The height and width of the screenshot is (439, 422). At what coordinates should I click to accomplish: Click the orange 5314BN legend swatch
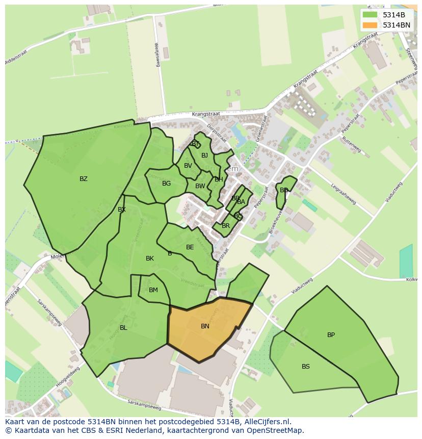click(x=370, y=25)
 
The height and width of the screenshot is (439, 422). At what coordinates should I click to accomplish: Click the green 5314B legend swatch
click(x=370, y=15)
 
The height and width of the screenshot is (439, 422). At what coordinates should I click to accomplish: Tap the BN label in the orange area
click(x=205, y=326)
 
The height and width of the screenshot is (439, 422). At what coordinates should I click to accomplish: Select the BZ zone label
click(x=84, y=179)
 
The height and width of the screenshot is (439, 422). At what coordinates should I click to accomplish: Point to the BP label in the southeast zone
click(x=331, y=335)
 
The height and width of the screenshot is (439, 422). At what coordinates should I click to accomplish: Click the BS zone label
click(x=305, y=367)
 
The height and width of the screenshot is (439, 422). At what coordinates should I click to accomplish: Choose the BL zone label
click(x=123, y=328)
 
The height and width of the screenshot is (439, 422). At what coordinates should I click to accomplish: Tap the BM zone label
click(x=153, y=290)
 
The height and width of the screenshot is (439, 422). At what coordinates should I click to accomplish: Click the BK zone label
click(x=150, y=259)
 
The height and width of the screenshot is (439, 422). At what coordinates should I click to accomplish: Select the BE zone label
click(x=190, y=247)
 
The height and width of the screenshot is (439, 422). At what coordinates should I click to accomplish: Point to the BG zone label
click(x=166, y=184)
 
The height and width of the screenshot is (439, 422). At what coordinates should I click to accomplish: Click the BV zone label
click(x=188, y=166)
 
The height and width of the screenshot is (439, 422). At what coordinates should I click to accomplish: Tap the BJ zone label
click(x=204, y=156)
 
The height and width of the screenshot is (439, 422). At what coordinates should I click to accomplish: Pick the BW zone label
click(x=200, y=186)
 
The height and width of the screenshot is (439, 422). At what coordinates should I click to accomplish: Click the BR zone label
click(x=226, y=226)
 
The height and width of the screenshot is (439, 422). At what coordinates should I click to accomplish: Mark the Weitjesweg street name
click(x=157, y=53)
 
